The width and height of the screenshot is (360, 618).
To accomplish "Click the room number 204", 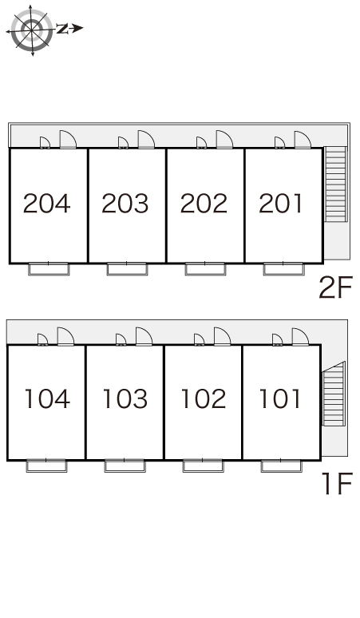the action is [47, 204].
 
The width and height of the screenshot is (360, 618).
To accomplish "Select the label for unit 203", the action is [125, 204].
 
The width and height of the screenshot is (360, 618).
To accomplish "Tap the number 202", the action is [204, 204].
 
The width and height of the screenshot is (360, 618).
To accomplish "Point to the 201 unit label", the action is [280, 204].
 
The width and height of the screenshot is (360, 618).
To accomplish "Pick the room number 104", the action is [47, 398].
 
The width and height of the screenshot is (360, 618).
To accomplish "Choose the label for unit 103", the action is [125, 398].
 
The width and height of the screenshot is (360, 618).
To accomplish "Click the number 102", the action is [204, 398].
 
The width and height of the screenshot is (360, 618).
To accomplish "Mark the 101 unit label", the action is [280, 398].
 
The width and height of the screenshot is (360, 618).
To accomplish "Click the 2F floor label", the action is [335, 287].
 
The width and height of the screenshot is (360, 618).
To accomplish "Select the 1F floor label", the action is [337, 484].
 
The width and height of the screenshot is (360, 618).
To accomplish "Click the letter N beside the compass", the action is [62, 29].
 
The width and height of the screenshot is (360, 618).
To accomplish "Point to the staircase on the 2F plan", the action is [335, 184].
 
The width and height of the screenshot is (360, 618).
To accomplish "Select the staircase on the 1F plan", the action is [334, 394].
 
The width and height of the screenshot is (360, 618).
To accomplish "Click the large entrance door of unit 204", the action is [68, 139].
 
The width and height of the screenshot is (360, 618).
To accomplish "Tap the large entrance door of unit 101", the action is [300, 337].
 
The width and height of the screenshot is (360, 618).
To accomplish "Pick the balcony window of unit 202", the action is [205, 269].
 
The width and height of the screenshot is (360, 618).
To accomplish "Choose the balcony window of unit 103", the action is [125, 465].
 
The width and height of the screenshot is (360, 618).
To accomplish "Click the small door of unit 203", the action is [123, 143].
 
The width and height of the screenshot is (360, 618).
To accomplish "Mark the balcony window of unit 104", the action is [46, 465].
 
